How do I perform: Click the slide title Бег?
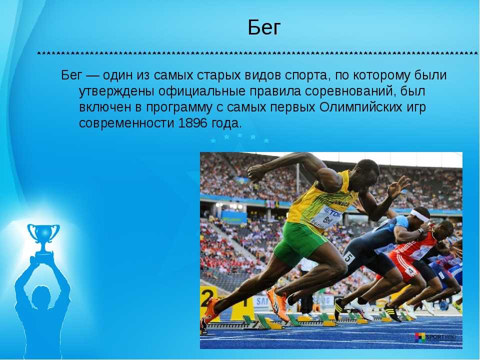point(264,27)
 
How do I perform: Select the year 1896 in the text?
point(192,123)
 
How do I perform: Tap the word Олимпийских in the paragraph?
point(360,107)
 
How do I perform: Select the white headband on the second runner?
point(419,215)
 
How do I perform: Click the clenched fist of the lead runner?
point(256,173)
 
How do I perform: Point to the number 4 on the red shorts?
point(410,271)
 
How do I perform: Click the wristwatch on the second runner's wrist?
point(421,231)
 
